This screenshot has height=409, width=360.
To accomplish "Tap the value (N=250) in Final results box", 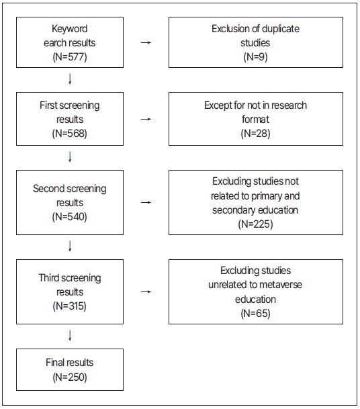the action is [70, 377].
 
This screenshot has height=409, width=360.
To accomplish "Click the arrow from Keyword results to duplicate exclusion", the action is [146, 43].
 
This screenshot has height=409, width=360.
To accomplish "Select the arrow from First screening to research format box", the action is [146, 119].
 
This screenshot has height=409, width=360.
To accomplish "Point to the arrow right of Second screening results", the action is [146, 202].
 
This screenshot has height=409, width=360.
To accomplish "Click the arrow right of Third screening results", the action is [146, 292].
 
